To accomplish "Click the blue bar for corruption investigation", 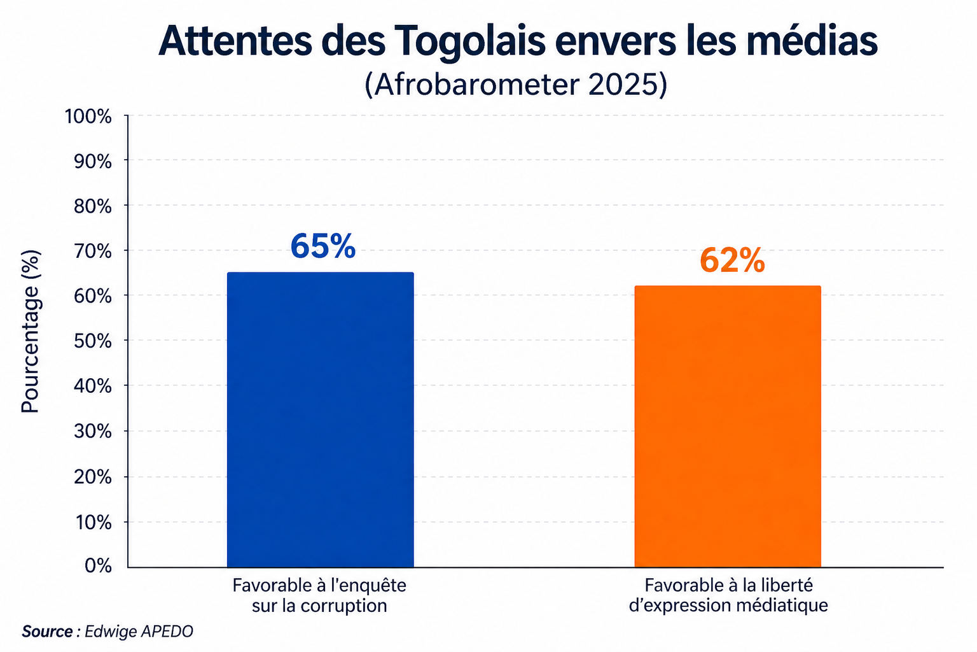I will click(x=320, y=420).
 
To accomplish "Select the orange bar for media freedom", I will click(x=728, y=427).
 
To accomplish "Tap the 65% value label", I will click(x=322, y=246).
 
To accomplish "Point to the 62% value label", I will click(x=731, y=260).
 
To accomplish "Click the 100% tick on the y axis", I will click(x=88, y=117).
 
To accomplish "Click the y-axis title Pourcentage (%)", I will click(x=31, y=331).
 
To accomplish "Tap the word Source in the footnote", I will click(x=47, y=632).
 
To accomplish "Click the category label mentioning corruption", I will click(x=319, y=595).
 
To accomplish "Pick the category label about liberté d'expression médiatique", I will click(x=728, y=595).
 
